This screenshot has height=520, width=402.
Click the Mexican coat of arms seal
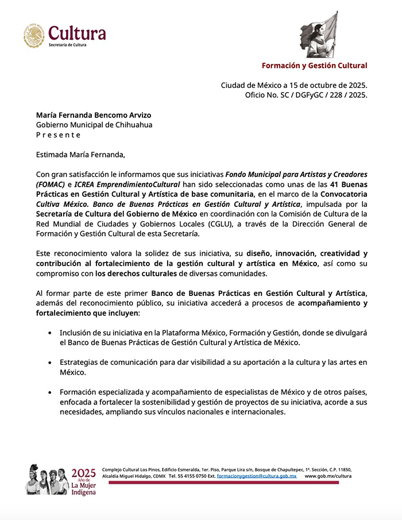(x=34, y=35)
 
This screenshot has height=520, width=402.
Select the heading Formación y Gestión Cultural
(x=314, y=66)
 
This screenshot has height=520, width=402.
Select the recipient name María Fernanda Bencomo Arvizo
(x=94, y=115)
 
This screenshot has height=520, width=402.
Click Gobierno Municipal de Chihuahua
(x=94, y=125)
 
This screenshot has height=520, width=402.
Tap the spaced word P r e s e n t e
(x=59, y=134)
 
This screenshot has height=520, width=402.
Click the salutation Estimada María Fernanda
(x=80, y=154)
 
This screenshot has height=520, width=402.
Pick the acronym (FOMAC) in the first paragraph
(x=53, y=184)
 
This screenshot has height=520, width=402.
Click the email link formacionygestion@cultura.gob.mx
(x=257, y=476)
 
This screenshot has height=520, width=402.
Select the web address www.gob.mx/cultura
(x=328, y=476)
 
